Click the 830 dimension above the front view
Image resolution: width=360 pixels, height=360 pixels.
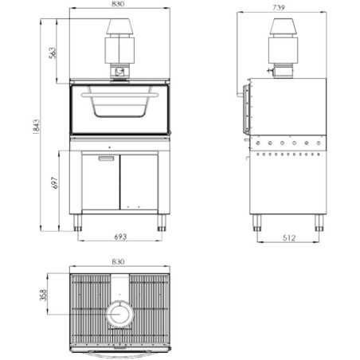click(119, 6)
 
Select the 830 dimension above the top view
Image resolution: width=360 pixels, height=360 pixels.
click(119, 262)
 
